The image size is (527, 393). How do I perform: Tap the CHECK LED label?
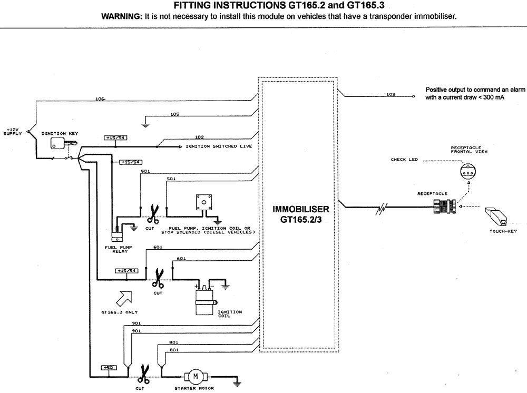(404, 159)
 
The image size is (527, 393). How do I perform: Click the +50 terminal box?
(109, 367)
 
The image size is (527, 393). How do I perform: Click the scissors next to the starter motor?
(142, 376)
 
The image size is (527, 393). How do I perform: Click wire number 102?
(199, 137)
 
